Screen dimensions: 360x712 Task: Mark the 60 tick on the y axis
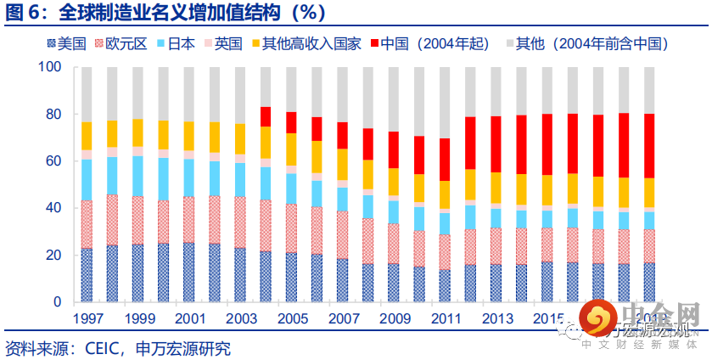(53, 160)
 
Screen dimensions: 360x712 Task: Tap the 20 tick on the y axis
(53, 255)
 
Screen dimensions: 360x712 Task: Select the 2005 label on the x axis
(291, 320)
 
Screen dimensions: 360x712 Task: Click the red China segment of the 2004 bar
(266, 116)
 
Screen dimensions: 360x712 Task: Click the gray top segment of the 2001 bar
(189, 94)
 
